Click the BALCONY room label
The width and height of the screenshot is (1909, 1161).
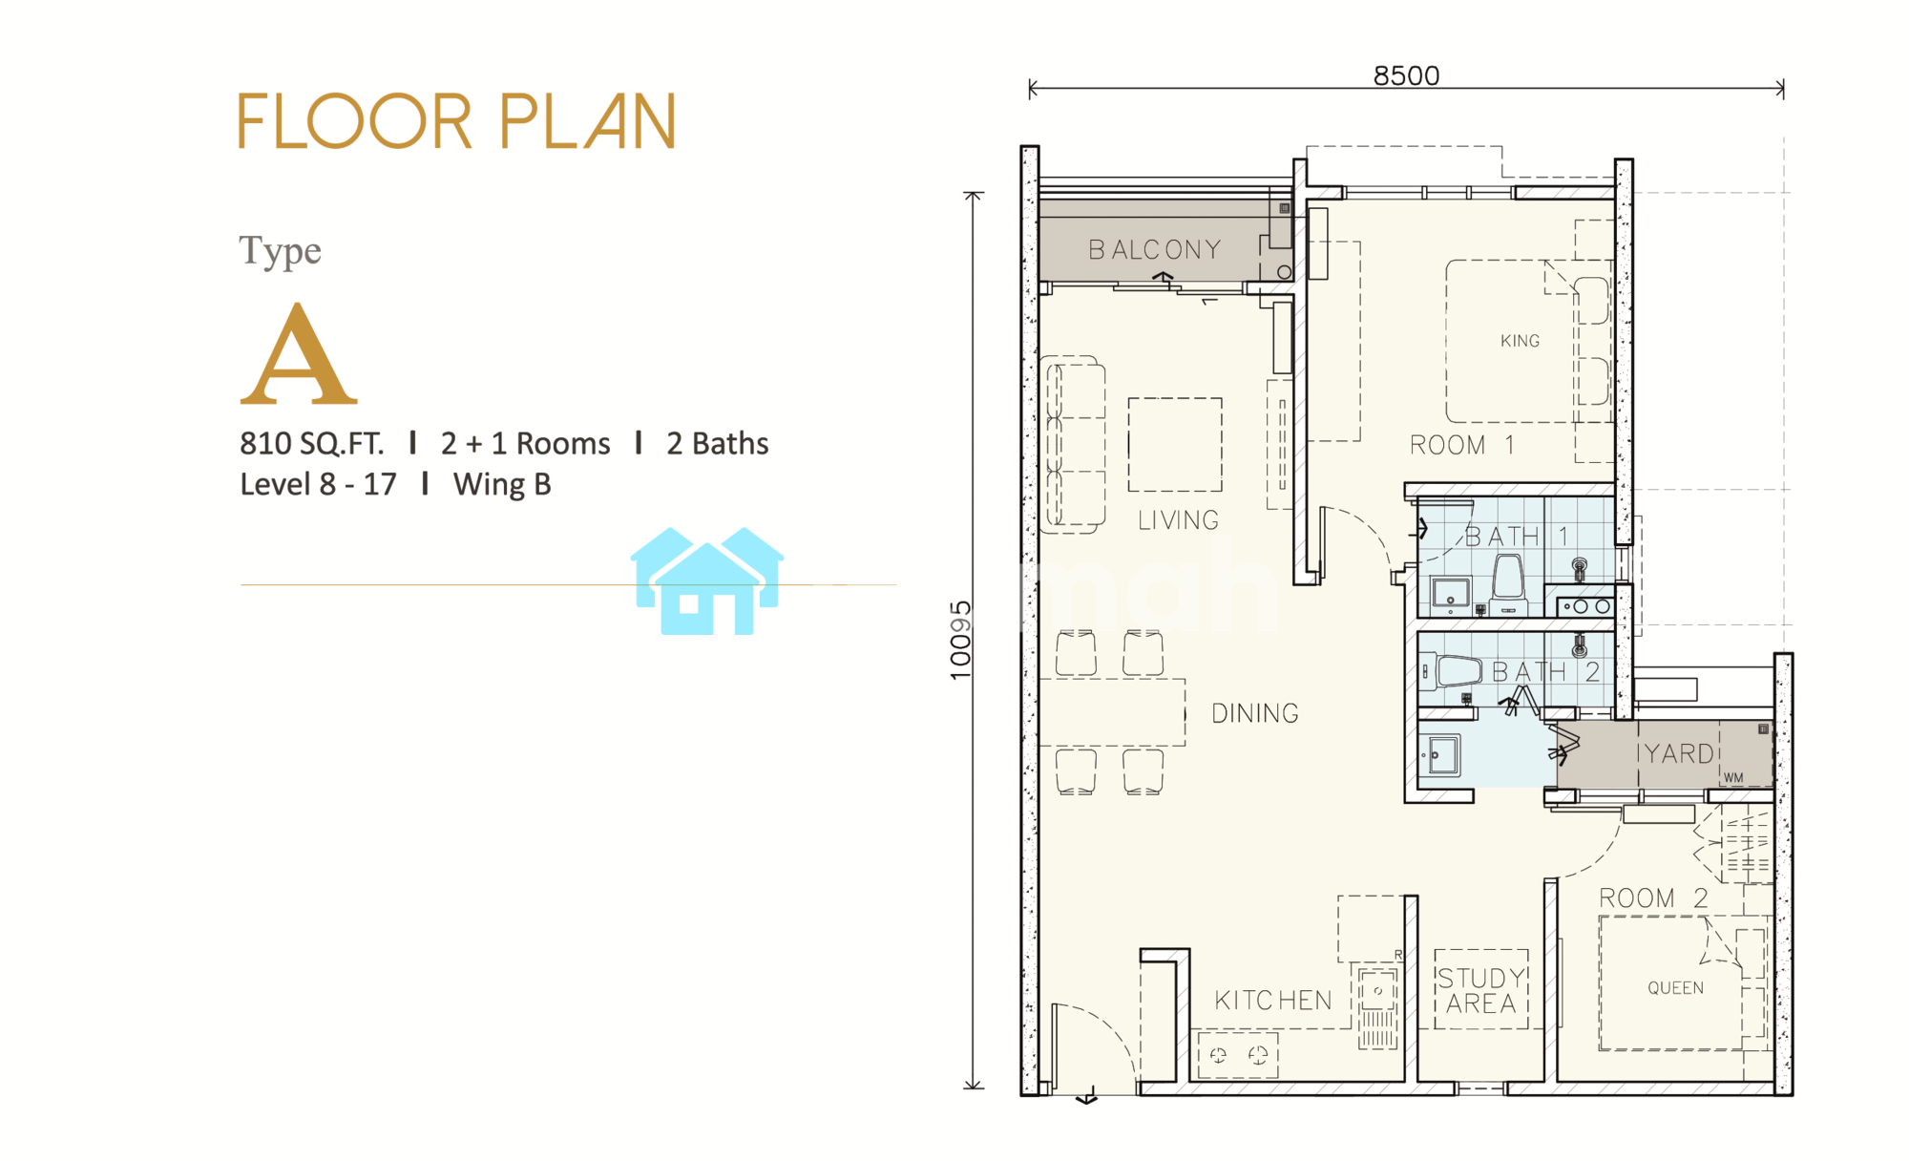point(1155,250)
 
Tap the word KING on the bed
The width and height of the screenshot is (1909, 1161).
point(1520,341)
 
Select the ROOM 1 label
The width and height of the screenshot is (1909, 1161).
point(1462,445)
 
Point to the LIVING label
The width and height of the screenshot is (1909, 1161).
point(1178,520)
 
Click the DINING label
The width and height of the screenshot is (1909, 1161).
point(1255,713)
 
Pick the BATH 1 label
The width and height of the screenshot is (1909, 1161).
point(1517,537)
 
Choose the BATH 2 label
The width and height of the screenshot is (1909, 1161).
point(1545,672)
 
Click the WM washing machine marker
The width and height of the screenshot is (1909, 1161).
point(1733,778)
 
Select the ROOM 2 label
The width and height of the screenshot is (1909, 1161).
point(1653,898)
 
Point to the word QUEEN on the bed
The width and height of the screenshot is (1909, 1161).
point(1675,988)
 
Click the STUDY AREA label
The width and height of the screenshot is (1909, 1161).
point(1481,991)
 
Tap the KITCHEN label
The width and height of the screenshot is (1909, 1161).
point(1273,1001)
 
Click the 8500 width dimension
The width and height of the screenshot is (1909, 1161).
point(1406,75)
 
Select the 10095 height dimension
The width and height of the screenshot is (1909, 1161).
point(960,641)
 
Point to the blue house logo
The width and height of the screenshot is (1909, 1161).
point(707,580)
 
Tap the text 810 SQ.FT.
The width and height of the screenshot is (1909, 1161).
point(311,444)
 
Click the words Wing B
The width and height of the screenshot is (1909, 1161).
point(502,485)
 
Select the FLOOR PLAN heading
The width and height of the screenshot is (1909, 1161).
point(457,121)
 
